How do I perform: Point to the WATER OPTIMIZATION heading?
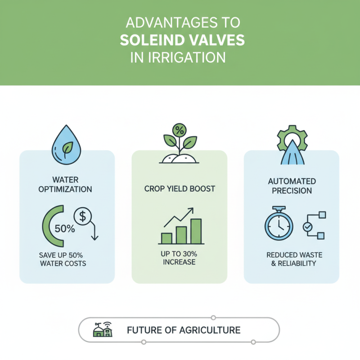pyautogui.click(x=66, y=184)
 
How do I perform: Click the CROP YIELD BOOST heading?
pyautogui.click(x=180, y=189)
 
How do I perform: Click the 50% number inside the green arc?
pyautogui.click(x=64, y=228)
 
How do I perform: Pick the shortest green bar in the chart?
pyautogui.click(x=166, y=238)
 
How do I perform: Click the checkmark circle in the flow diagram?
pyautogui.click(x=308, y=228)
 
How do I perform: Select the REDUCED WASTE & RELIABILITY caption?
pyautogui.click(x=291, y=259)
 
